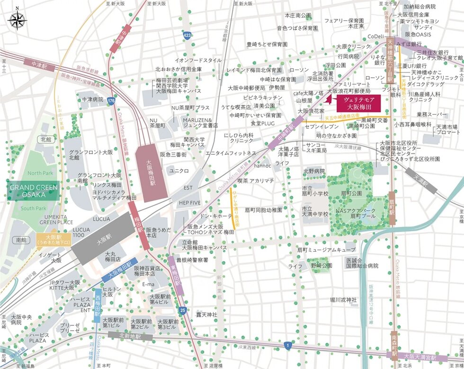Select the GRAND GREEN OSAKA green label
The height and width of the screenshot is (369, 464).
coord(33,191)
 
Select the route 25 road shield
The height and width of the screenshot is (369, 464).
coord(183,310)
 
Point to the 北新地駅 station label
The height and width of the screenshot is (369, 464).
coord(130,337)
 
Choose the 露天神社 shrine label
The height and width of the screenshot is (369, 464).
coord(207,315)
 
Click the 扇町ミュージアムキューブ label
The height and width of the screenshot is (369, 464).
coord(326,249)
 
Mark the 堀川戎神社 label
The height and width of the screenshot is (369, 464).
coord(343,299)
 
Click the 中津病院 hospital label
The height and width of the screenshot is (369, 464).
coord(92,99)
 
